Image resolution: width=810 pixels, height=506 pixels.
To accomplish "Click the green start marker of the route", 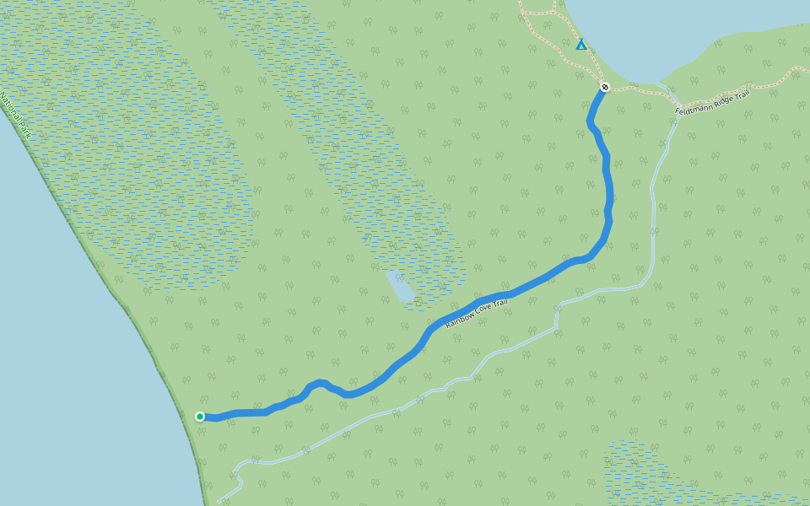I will [x=200, y=416].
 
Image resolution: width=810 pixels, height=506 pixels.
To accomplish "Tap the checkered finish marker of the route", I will [x=605, y=87].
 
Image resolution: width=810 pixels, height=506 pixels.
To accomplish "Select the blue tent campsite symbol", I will [x=581, y=45].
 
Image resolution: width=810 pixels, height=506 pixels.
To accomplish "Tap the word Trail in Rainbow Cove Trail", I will [x=501, y=303].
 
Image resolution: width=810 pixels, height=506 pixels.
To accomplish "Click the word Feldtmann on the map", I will [x=694, y=106].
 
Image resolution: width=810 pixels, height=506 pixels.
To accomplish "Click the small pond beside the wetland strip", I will [x=400, y=287].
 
